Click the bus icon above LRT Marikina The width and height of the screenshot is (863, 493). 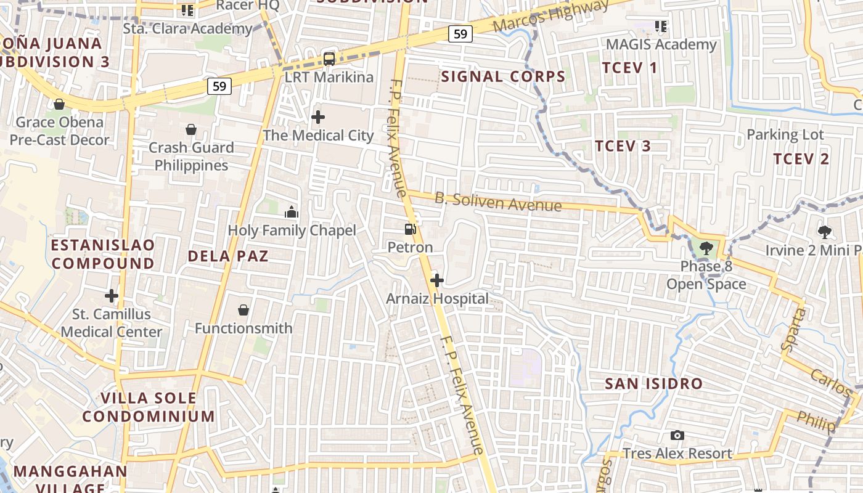click(329, 59)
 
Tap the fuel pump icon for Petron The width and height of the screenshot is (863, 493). click(410, 229)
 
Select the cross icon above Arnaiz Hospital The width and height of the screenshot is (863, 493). click(437, 281)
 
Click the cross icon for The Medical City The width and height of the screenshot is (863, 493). click(318, 117)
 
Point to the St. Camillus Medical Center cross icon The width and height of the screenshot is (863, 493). click(112, 296)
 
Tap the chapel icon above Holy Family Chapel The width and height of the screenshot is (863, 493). click(292, 213)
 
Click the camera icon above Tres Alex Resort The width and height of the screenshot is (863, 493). click(677, 436)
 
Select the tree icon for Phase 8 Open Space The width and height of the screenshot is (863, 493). click(706, 248)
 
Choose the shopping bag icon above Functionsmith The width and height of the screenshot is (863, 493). click(243, 310)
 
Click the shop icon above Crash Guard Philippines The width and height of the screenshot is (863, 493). click(191, 129)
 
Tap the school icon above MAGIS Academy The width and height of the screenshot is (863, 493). click(661, 26)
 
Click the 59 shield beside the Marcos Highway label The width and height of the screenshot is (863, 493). click(460, 34)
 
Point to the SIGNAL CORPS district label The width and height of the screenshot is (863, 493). click(504, 77)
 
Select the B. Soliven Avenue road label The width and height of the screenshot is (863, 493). click(498, 202)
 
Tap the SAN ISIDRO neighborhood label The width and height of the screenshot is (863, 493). click(653, 383)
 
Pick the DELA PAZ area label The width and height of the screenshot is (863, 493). click(228, 256)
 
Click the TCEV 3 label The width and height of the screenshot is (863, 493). click(623, 146)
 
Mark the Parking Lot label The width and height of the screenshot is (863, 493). click(785, 134)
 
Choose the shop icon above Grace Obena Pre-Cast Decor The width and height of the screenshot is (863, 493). click(59, 104)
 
